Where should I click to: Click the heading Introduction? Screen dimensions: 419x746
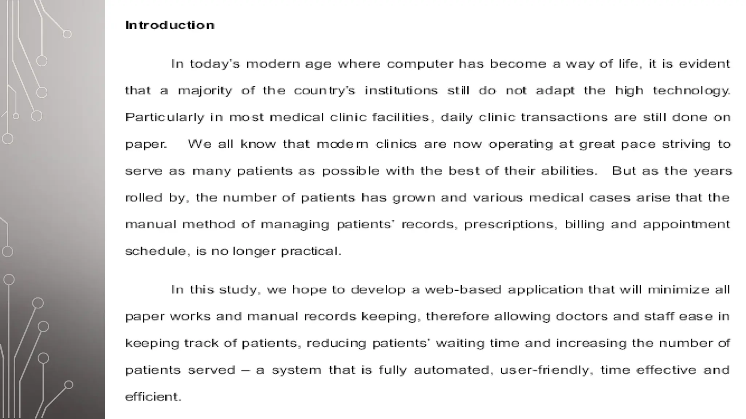point(170,25)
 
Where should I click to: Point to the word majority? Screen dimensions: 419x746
point(205,91)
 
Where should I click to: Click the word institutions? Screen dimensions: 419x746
point(401,91)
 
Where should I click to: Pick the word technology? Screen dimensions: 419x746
point(691,91)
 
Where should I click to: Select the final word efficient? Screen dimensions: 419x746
point(153,397)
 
